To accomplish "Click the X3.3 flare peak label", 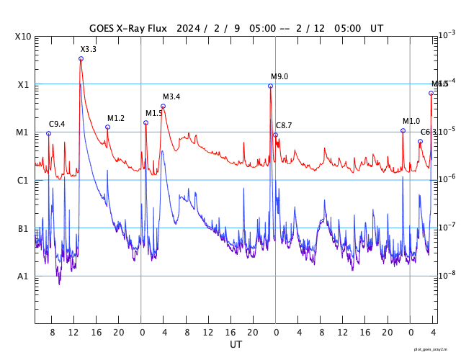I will (88, 49).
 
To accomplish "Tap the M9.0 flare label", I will (279, 76).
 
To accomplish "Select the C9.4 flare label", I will (57, 124).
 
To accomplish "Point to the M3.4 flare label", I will (171, 96).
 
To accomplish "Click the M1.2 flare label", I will (116, 118).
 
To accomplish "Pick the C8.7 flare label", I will (284, 125).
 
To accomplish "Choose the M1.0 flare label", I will (411, 121).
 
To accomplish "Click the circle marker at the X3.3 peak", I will (81, 58).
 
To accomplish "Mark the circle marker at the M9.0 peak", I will (270, 86).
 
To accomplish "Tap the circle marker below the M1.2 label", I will (107, 127).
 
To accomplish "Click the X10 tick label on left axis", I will (23, 37).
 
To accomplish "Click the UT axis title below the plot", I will (236, 345).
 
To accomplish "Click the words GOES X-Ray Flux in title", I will (128, 28).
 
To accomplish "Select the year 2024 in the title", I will (188, 28).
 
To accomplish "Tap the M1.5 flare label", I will (154, 113).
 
